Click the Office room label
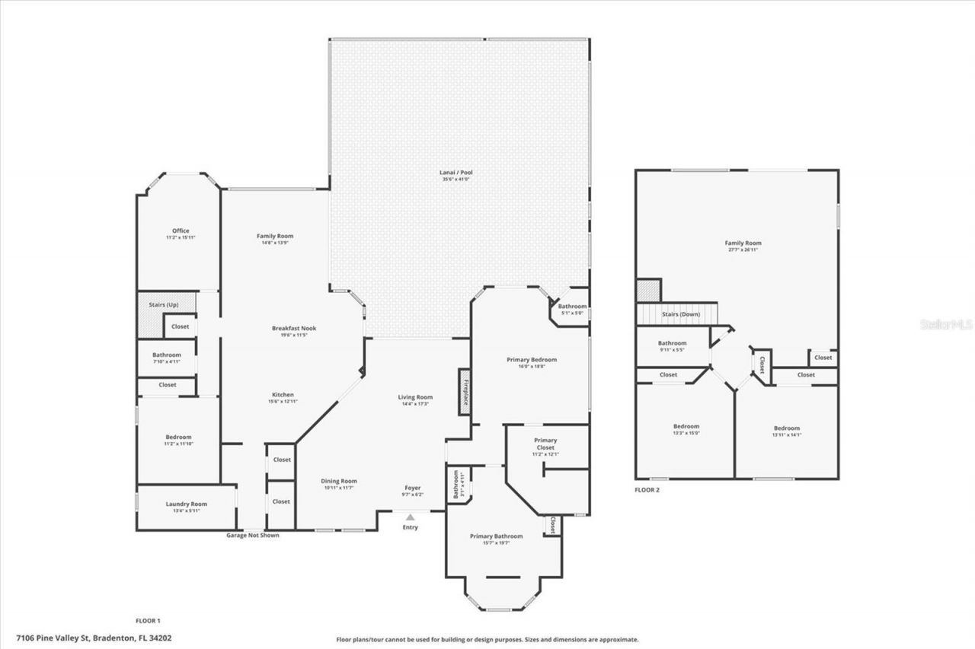(x=181, y=231)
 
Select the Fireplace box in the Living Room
(x=463, y=392)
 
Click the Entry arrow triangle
(x=410, y=517)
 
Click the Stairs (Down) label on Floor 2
(x=681, y=313)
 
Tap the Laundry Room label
(x=187, y=504)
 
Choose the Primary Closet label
(x=545, y=444)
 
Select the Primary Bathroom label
(x=496, y=536)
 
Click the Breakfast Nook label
(x=294, y=328)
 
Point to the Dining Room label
(x=338, y=481)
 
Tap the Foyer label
(x=412, y=488)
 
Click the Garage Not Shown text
(x=253, y=535)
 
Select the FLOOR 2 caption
(x=647, y=490)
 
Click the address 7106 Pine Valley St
(x=51, y=638)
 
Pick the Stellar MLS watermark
(x=947, y=324)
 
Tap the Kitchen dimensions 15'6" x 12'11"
(x=283, y=401)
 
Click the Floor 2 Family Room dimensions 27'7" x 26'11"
(x=743, y=250)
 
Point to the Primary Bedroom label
(x=532, y=359)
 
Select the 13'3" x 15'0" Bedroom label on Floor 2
(x=686, y=433)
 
